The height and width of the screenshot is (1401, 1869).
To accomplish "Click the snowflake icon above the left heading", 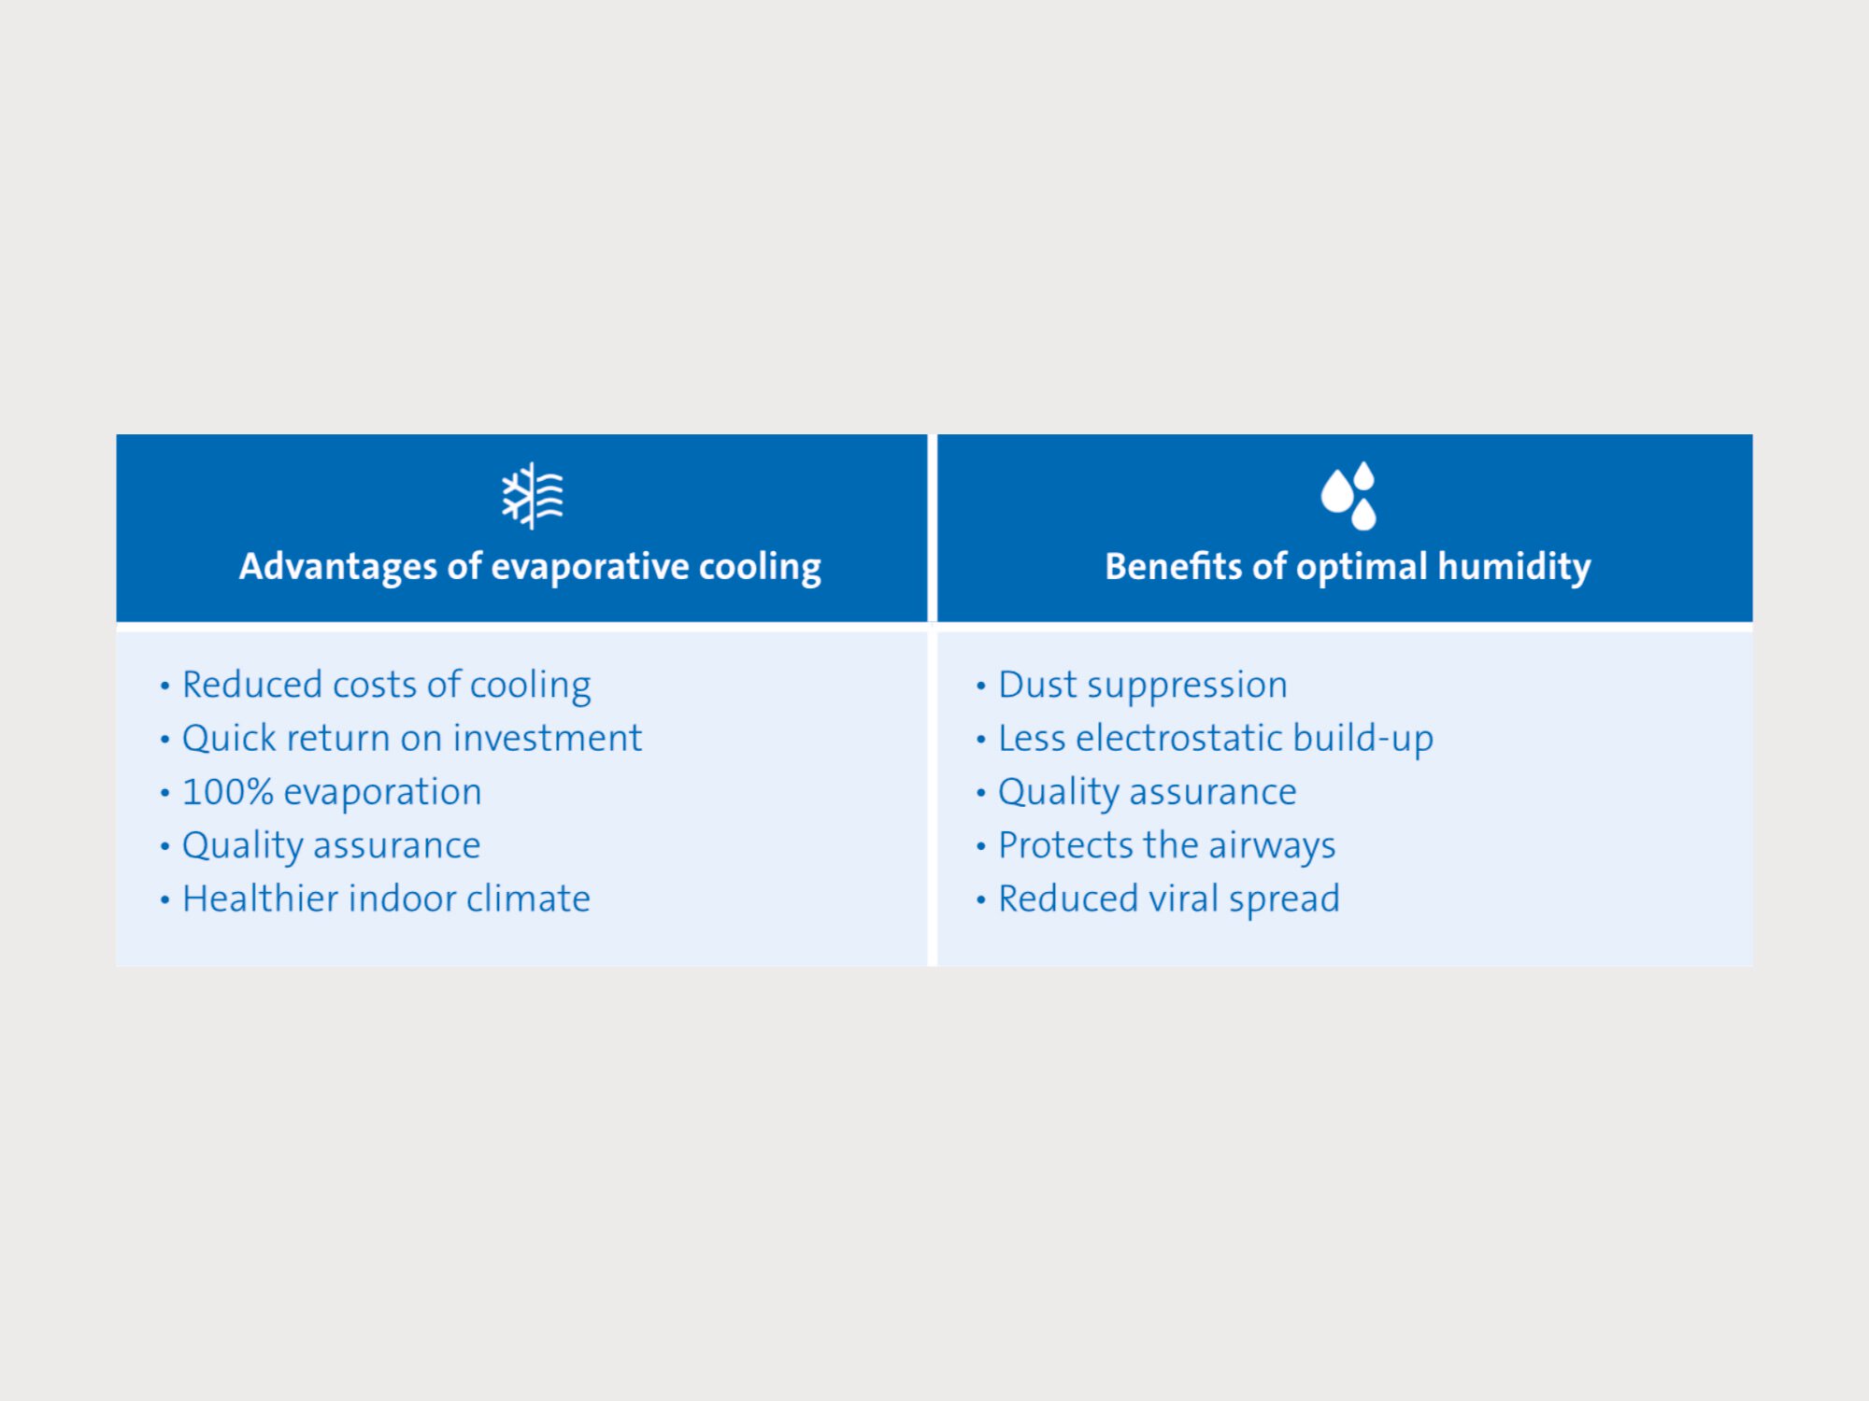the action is coord(533,496).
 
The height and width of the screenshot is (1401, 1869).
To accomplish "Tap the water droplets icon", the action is coord(1348,496).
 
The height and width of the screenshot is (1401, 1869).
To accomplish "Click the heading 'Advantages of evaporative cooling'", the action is coord(530,567).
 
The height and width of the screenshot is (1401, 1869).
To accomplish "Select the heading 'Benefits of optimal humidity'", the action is coord(1348,567).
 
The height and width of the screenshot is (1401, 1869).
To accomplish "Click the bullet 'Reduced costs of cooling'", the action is coord(386,686).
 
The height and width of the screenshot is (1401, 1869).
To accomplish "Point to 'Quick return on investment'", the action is coord(412,738).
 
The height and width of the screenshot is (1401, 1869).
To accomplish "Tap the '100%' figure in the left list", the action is coord(228,792).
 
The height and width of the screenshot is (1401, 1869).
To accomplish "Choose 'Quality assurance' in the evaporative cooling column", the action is coord(331,846).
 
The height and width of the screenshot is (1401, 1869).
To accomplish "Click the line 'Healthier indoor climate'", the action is coord(386,899).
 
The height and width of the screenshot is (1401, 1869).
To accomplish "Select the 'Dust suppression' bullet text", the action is coord(1143,686).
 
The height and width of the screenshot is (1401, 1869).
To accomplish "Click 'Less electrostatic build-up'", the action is coord(1216,739).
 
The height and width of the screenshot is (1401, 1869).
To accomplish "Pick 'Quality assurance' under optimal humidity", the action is coord(1148,793).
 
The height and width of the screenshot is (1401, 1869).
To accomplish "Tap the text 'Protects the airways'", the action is coord(1167,846).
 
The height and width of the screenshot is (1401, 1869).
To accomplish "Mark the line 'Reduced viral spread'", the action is coord(1169,899).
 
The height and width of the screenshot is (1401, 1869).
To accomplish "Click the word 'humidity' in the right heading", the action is coord(1514,567).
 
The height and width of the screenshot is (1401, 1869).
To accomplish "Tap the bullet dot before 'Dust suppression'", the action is coord(980,686).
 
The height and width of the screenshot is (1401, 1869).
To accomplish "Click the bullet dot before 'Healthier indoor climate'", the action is coord(164,900).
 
